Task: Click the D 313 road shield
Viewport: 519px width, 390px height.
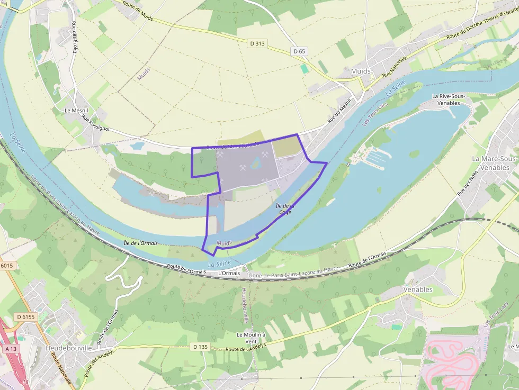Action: [x=257, y=43]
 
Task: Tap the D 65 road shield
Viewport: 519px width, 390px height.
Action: [x=299, y=51]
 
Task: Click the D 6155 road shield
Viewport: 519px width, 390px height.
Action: [x=26, y=316]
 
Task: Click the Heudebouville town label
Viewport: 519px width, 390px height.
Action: [x=69, y=348]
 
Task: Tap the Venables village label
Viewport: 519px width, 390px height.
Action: [x=418, y=289]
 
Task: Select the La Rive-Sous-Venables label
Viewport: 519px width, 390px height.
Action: [x=451, y=99]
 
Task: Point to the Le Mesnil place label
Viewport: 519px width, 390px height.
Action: [x=76, y=110]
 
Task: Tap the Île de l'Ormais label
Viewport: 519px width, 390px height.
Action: [x=140, y=243]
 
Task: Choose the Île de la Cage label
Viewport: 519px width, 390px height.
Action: [x=284, y=208]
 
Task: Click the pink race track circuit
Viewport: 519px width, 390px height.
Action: [x=453, y=360]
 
